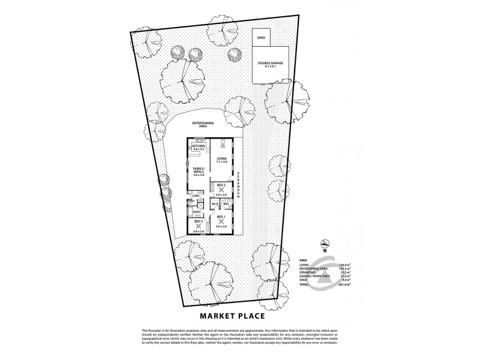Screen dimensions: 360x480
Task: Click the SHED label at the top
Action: [261, 37]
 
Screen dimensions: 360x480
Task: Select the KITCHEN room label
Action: [199, 146]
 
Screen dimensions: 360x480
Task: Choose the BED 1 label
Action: [220, 216]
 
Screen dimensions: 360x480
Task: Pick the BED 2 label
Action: [221, 185]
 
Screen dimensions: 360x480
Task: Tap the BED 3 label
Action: [199, 221]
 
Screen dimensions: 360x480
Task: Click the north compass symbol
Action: [325, 243]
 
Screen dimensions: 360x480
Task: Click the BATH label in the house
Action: [196, 211]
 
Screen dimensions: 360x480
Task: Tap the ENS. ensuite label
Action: [227, 205]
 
